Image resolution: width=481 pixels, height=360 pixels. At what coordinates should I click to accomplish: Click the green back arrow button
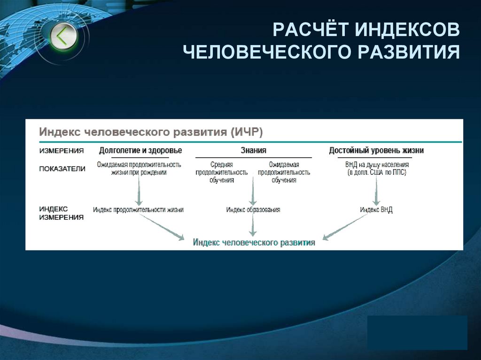(62, 36)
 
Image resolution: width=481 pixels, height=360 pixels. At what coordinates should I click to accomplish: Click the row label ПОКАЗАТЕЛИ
(62, 169)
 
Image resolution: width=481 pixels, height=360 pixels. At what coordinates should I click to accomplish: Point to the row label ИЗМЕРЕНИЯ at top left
(62, 151)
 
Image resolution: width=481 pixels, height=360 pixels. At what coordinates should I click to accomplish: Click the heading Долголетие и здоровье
(140, 151)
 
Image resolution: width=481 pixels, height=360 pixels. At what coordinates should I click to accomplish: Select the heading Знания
(253, 151)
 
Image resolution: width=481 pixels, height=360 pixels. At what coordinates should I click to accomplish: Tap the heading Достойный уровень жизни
(376, 151)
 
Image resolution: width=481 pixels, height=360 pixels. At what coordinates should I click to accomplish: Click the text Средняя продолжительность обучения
(222, 172)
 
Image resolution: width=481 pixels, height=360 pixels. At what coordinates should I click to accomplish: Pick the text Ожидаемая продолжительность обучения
(284, 172)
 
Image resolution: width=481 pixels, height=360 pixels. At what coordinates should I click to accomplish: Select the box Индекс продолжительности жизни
(138, 210)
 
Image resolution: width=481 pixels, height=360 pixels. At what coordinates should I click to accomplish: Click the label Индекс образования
(253, 210)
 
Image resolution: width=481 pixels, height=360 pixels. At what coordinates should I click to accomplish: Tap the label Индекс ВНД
(376, 210)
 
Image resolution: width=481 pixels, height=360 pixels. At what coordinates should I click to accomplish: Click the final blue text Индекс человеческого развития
(254, 243)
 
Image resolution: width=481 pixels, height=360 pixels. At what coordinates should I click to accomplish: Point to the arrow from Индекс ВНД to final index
(345, 227)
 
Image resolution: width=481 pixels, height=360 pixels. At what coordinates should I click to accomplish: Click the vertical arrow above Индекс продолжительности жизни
(139, 190)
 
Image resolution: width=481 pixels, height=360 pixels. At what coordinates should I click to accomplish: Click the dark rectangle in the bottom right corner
(417, 332)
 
